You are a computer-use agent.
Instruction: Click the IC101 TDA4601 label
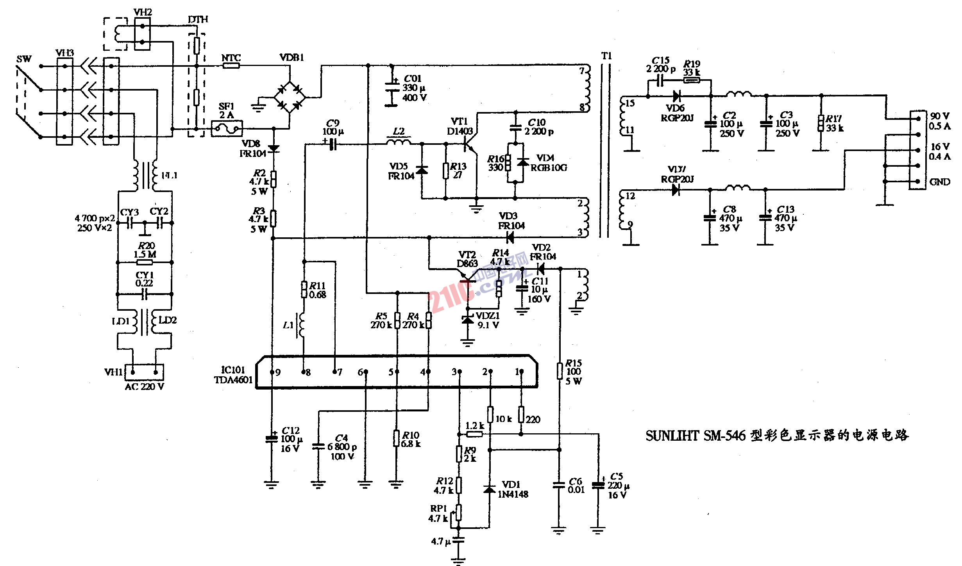click(233, 375)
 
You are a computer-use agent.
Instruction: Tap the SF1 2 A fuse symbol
click(227, 128)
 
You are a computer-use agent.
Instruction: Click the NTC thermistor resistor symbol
click(231, 66)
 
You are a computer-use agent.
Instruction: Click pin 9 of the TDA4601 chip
click(272, 372)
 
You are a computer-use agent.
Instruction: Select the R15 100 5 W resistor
click(560, 371)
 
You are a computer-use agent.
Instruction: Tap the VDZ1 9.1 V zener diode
click(467, 320)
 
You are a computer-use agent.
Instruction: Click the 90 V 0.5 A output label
click(940, 121)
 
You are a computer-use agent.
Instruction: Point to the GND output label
click(940, 182)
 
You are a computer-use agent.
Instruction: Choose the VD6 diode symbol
click(676, 96)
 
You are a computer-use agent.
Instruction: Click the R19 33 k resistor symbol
click(692, 80)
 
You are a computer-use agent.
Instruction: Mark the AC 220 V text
click(144, 387)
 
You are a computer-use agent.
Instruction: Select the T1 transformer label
click(606, 56)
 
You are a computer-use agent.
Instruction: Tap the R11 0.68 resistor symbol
click(304, 290)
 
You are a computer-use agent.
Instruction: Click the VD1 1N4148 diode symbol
click(489, 489)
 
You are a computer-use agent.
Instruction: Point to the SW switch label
click(24, 59)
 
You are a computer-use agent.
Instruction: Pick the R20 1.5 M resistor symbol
click(145, 262)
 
